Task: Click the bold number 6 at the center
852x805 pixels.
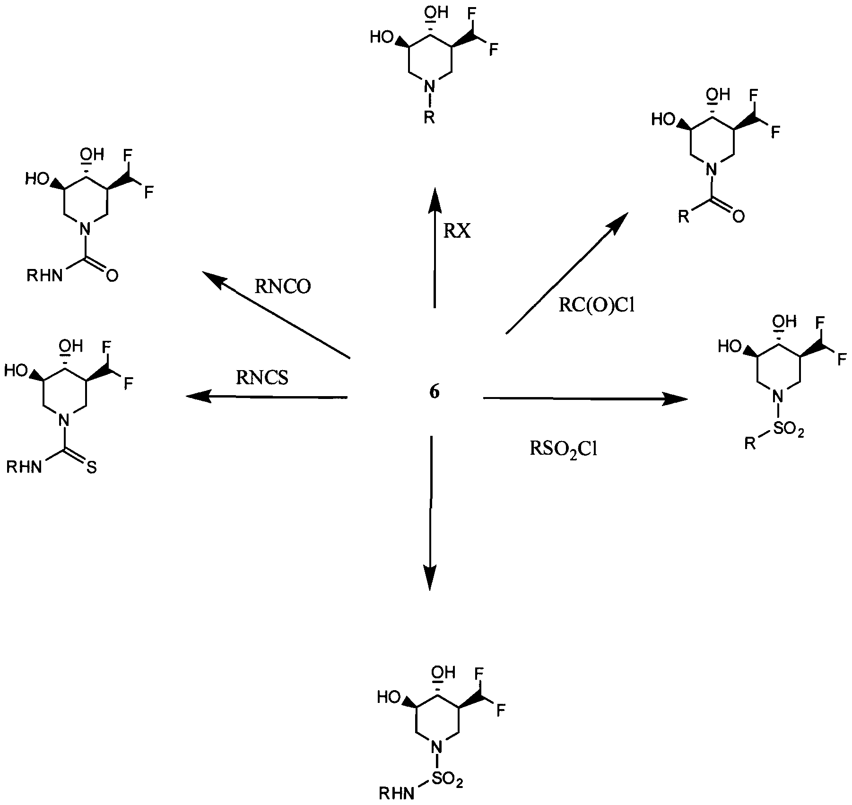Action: tap(434, 392)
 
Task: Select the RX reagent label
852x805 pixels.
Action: tap(457, 231)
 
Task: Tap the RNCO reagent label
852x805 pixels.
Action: tap(283, 287)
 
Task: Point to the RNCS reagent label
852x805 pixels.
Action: tap(262, 378)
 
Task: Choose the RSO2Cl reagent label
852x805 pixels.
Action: tap(564, 448)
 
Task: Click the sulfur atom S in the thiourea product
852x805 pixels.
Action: tap(91, 468)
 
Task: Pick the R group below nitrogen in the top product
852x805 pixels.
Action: tap(428, 118)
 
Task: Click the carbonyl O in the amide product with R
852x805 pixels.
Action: tap(738, 216)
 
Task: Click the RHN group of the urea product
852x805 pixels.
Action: tap(44, 276)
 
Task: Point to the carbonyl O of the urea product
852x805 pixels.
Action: tap(112, 276)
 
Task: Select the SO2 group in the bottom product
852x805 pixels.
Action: tap(447, 779)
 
